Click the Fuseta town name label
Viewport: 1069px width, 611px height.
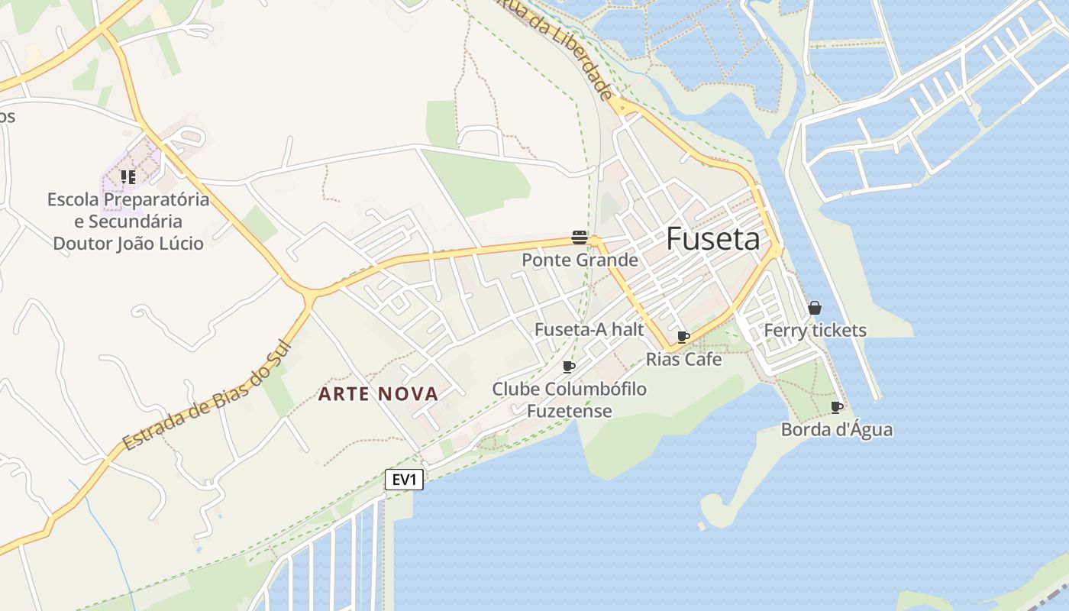[712, 239]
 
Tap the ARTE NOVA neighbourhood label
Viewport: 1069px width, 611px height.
[378, 394]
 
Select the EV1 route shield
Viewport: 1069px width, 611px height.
[404, 480]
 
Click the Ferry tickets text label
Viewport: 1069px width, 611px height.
[815, 331]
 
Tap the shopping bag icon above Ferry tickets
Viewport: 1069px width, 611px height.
[815, 309]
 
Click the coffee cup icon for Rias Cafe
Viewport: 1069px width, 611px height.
[683, 337]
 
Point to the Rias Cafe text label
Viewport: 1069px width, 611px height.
[683, 359]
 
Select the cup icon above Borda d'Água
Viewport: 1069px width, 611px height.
[837, 407]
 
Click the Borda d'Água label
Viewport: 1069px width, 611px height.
[836, 429]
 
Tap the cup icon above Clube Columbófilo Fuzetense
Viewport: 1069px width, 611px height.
[569, 367]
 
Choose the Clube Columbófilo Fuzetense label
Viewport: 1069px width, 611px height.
[569, 399]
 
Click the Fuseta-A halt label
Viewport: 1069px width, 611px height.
[589, 330]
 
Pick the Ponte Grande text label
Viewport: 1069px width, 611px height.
[580, 260]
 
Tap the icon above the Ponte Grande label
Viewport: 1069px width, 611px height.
[580, 238]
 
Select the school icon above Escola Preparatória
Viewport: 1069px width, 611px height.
[128, 177]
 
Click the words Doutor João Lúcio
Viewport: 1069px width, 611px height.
[128, 244]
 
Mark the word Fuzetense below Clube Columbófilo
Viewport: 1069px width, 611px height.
[569, 411]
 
